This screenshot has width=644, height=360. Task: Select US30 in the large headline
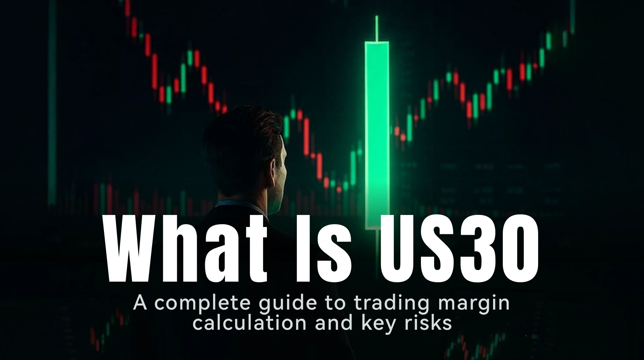click(x=459, y=248)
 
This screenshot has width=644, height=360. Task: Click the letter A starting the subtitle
click(x=140, y=303)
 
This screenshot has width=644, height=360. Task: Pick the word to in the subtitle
click(x=337, y=303)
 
